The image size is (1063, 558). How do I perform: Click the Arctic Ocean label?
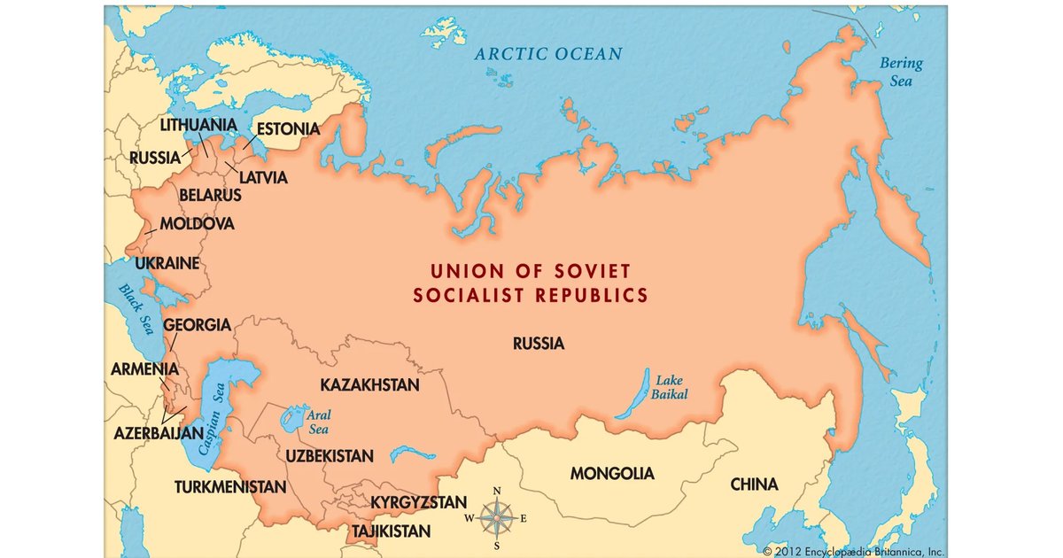tap(547, 54)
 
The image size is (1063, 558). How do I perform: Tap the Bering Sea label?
tap(900, 72)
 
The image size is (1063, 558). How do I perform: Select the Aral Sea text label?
tap(317, 421)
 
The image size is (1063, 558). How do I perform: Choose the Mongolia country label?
tap(612, 474)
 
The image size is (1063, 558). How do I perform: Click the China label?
tap(754, 484)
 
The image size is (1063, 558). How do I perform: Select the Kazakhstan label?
tap(369, 385)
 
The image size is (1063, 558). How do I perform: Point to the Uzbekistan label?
tap(330, 456)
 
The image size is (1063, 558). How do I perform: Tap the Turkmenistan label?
tap(230, 487)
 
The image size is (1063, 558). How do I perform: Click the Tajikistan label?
tap(392, 532)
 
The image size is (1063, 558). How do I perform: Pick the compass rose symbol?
tap(497, 518)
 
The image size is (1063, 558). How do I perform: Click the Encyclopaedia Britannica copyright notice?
tap(842, 550)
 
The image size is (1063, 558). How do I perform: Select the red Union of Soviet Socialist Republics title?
tap(530, 283)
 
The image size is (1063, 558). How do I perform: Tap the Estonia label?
tap(288, 129)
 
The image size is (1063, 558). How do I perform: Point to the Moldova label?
tap(197, 224)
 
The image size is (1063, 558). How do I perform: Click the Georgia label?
tap(197, 325)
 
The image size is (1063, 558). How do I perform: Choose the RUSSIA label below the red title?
tap(538, 344)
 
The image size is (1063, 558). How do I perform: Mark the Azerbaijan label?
tap(159, 435)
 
